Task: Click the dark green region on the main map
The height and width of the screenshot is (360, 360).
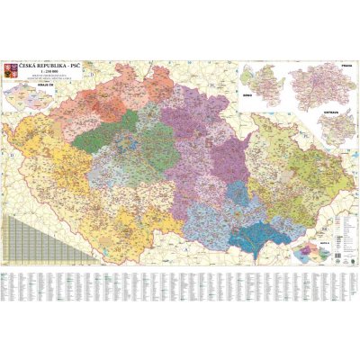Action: tap(113, 121)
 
